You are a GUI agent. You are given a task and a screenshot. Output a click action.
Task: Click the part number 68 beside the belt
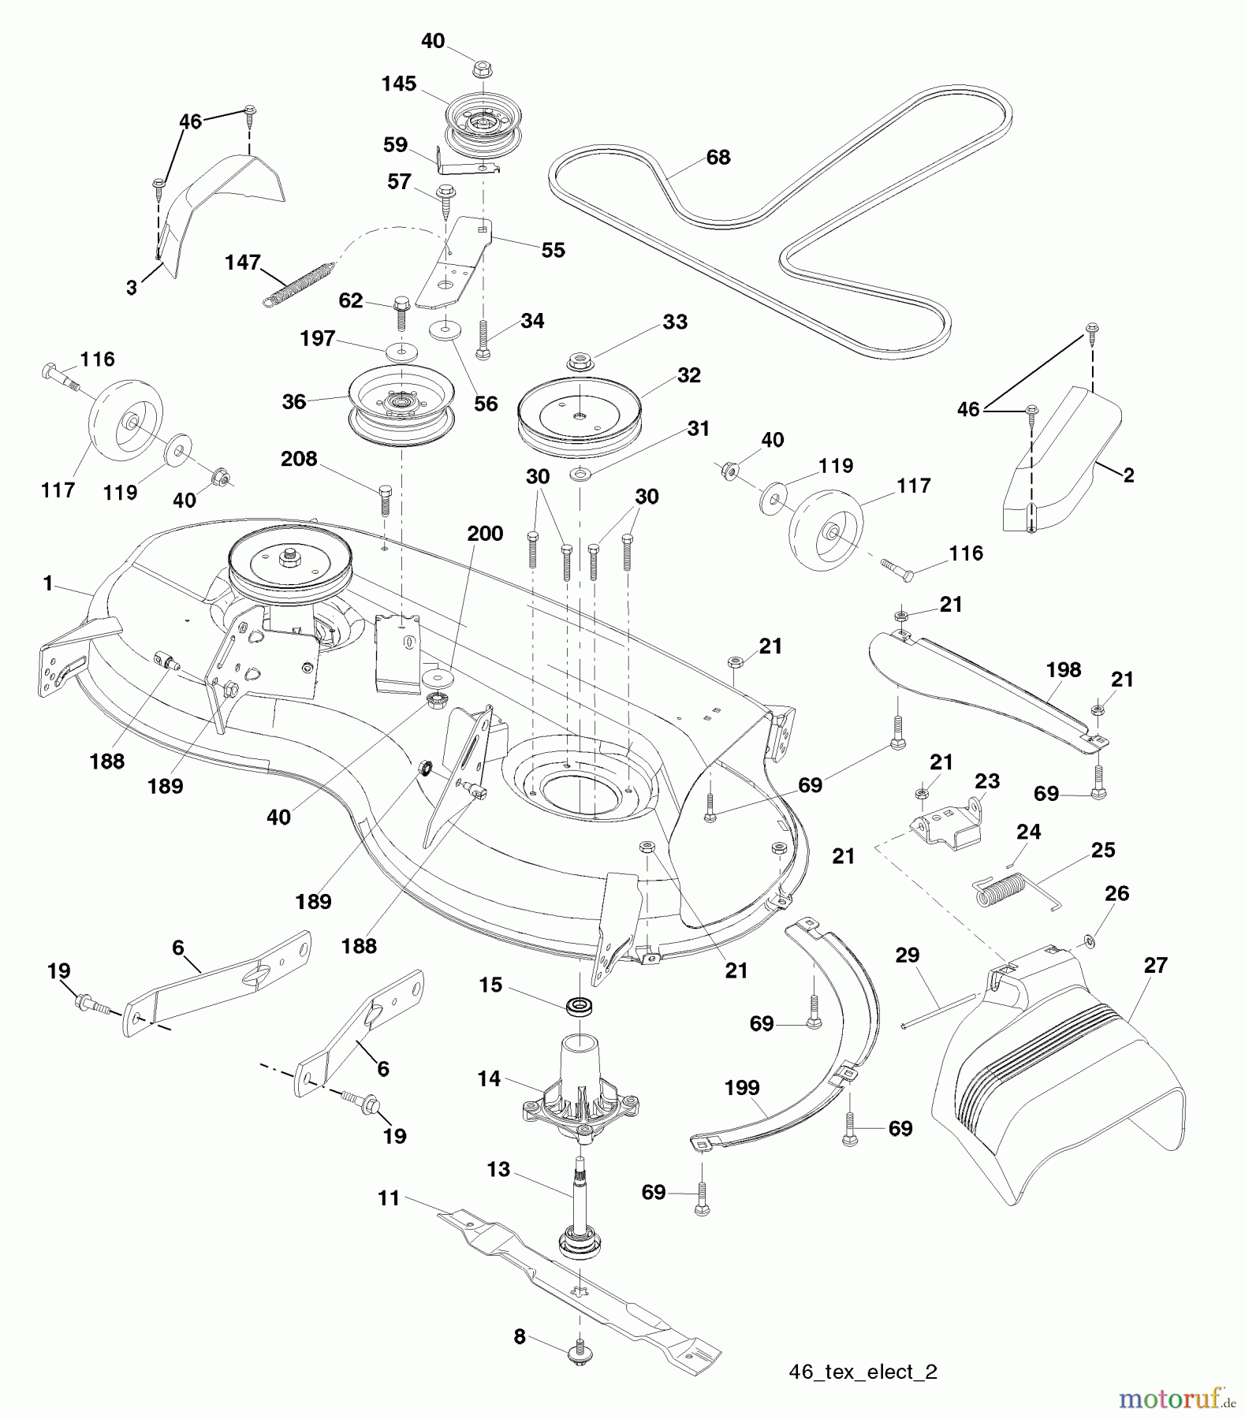click(x=718, y=158)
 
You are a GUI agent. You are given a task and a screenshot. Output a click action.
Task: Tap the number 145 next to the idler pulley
click(x=398, y=84)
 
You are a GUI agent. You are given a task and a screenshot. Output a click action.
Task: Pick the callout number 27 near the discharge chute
click(x=1155, y=965)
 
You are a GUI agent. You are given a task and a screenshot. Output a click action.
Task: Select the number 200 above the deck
click(x=484, y=534)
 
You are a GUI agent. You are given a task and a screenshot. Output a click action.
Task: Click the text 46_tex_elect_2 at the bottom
click(x=863, y=1372)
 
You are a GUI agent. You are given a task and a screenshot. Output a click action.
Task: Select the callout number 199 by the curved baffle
click(x=741, y=1088)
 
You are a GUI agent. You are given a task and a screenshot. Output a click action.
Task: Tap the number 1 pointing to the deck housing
click(x=47, y=583)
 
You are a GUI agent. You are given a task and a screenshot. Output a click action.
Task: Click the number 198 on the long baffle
click(x=1063, y=670)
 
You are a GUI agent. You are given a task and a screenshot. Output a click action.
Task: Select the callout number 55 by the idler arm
click(x=553, y=250)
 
